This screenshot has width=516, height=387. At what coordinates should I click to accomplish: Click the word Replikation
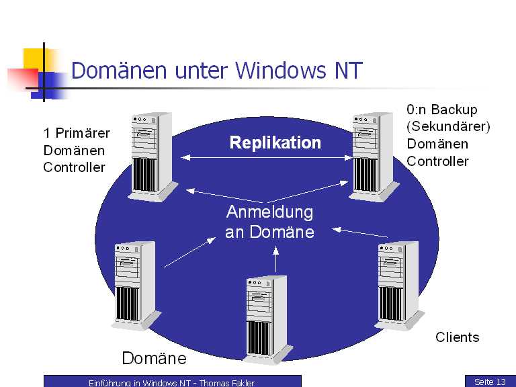tap(275, 142)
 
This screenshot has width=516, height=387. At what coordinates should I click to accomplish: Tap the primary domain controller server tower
tap(150, 156)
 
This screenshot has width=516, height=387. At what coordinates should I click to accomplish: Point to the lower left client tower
tap(136, 285)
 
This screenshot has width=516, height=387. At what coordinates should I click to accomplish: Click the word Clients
tap(458, 337)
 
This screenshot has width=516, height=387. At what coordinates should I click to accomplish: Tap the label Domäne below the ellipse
tap(154, 357)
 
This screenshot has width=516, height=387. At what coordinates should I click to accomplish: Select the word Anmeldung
tap(270, 212)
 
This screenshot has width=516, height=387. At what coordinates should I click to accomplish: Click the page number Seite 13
tap(490, 382)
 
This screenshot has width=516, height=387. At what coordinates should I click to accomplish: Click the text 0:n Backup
tap(442, 110)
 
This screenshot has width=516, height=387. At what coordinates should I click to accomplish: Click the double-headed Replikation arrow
tap(269, 158)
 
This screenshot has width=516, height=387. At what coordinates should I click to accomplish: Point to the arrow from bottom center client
tap(275, 261)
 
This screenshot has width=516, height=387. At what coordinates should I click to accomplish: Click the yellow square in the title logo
tap(34, 59)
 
